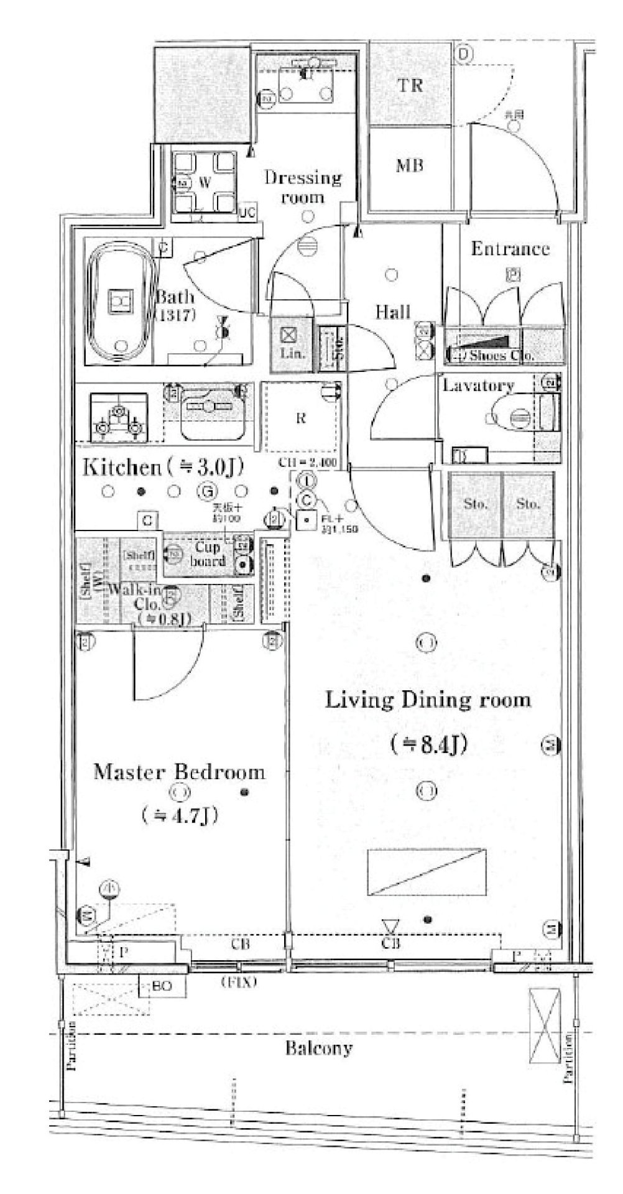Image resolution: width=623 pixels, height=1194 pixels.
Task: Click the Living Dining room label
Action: point(428,700)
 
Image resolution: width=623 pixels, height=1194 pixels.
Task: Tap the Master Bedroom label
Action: point(179,772)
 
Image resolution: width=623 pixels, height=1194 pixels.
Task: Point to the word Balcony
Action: point(318,1048)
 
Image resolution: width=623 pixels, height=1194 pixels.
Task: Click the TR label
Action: point(410,85)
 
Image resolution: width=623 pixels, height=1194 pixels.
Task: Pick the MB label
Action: point(410,165)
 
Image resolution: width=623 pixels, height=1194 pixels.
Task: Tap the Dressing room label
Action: point(303,187)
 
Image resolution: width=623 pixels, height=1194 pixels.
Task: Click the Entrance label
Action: point(510,249)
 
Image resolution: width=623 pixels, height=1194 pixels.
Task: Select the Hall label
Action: point(393,311)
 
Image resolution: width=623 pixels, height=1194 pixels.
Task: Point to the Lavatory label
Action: point(478,386)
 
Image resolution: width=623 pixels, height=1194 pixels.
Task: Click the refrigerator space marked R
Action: point(301,417)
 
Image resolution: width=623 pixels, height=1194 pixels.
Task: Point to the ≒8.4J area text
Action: point(428,744)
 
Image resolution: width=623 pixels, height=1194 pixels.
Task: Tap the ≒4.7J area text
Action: point(179,815)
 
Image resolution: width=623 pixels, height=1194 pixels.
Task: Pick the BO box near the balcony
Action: point(165,986)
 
